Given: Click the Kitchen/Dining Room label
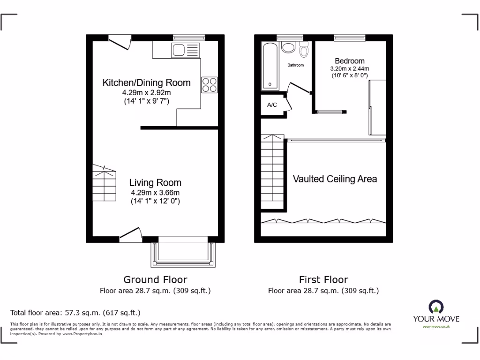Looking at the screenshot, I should pos(146,83).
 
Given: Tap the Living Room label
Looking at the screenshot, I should pos(155,183).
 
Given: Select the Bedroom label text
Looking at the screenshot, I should pos(349,61).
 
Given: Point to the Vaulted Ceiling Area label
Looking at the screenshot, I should pos(335,179).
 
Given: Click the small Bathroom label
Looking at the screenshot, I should pos(295,65).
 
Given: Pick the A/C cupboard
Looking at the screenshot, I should pos(272,105).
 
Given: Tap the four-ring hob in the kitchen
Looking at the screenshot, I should pos(210,84).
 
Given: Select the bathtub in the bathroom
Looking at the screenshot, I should pos(270,66).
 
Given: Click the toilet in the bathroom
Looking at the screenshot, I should pos(304,50).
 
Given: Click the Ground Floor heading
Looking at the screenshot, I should pos(155,280).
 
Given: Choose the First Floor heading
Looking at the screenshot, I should pos(323,280).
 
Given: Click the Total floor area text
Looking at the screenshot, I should pos(75,313).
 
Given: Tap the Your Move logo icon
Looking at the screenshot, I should pos(435,307).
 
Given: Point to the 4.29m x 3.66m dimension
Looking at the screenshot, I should pos(155,193).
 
